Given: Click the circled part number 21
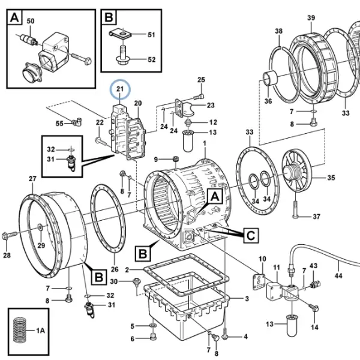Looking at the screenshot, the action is coord(120,89).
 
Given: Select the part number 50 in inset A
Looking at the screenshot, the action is coord(31,21).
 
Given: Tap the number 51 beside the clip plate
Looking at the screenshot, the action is coord(151,35).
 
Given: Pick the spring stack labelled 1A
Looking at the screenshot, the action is coord(20,330).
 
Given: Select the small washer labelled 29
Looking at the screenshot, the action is coord(40,227).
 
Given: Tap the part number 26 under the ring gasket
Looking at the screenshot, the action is coord(115,269).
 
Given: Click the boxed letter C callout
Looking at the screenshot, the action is coord(251,235).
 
